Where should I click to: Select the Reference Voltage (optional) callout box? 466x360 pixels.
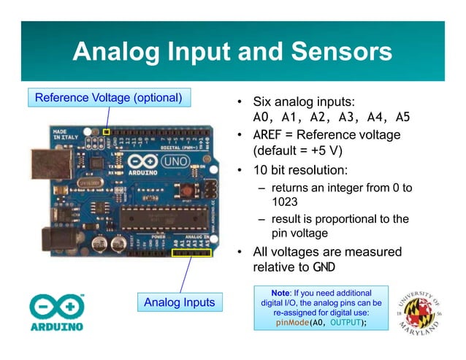click(108, 97)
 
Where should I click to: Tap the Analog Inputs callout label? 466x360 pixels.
click(179, 302)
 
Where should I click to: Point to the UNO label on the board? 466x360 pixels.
click(175, 160)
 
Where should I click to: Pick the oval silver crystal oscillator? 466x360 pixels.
click(91, 180)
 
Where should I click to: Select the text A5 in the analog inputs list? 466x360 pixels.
click(402, 117)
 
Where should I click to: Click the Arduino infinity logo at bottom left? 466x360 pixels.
click(56, 307)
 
